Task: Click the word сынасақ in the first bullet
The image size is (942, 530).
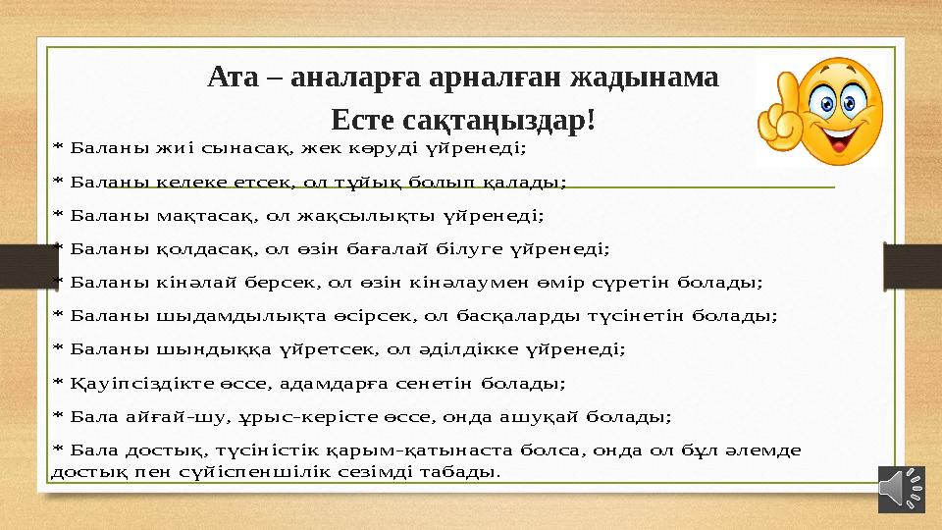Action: click(244, 149)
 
